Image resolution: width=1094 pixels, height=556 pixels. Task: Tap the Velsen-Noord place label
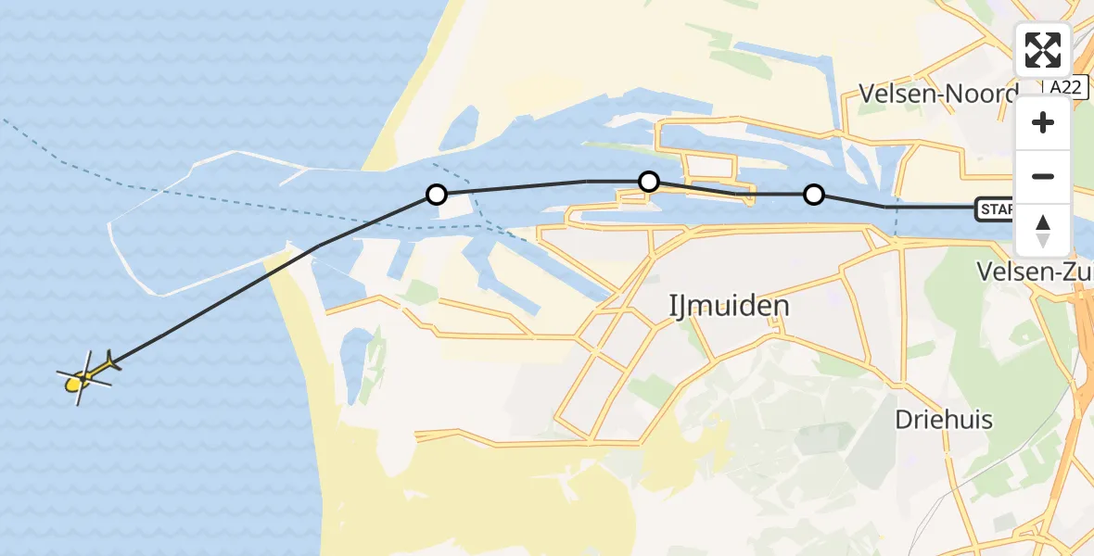pyautogui.click(x=937, y=93)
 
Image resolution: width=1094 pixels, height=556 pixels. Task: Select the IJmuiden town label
pyautogui.click(x=729, y=306)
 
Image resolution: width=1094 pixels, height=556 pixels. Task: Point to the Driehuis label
pyautogui.click(x=943, y=420)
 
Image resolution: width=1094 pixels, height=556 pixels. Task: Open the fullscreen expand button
pyautogui.click(x=1043, y=50)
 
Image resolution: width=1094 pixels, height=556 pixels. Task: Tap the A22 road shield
pyautogui.click(x=1064, y=86)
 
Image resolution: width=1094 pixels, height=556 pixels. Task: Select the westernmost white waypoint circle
pyautogui.click(x=436, y=195)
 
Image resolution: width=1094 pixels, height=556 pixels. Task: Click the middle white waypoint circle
pyautogui.click(x=649, y=181)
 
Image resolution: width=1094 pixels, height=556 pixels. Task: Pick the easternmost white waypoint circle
pyautogui.click(x=814, y=195)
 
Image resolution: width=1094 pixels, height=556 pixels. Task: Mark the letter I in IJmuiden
pyautogui.click(x=673, y=306)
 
